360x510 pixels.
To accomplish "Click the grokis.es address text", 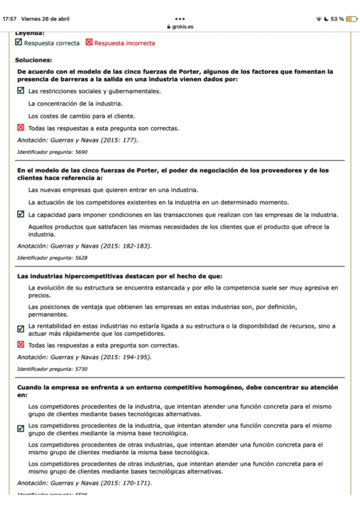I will [182, 27].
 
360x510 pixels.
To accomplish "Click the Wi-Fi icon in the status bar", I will [319, 19].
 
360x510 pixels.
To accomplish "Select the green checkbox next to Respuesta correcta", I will [19, 43].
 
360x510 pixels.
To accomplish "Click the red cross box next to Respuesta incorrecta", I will [89, 43].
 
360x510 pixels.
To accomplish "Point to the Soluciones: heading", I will [34, 60].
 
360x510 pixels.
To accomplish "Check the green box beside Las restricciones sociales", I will [21, 91].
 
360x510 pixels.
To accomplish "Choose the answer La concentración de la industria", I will [76, 103].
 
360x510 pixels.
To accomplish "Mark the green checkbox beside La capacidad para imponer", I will [21, 214].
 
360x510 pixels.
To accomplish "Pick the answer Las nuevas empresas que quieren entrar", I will [113, 189].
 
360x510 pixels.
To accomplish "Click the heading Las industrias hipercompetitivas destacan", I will [120, 276].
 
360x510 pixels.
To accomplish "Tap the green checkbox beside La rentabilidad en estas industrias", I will [21, 329].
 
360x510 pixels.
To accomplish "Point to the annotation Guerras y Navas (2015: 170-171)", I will [84, 482].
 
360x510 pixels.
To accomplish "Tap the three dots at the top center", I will [180, 19].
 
